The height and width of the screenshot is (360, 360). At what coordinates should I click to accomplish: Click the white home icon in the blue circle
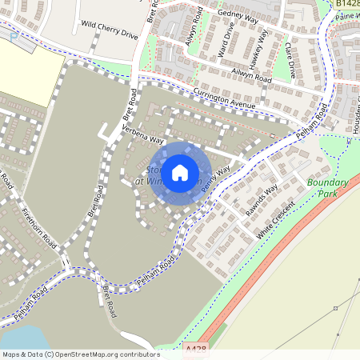(180, 171)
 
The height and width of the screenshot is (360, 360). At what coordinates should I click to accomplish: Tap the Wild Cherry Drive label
(110, 30)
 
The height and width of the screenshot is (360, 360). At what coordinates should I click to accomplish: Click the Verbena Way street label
(142, 134)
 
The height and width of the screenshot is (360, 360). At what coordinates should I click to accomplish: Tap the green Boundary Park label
(329, 188)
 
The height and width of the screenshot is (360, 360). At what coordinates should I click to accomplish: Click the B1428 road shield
(347, 4)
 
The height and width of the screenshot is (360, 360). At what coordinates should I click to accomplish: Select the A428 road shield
(195, 349)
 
